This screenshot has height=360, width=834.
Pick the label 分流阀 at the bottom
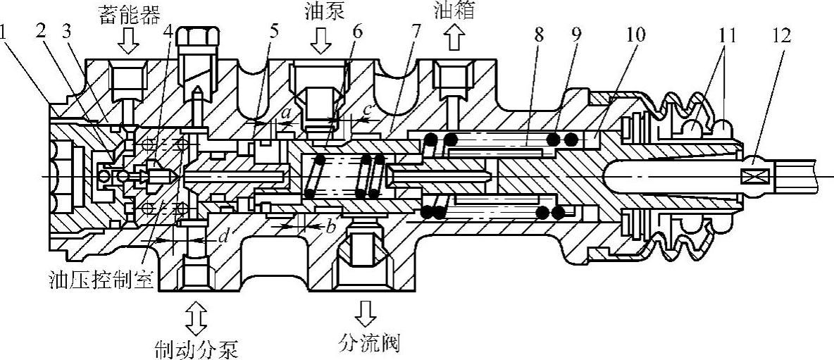(367, 344)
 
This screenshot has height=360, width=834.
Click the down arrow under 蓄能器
(127, 44)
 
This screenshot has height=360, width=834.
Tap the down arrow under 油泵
(321, 44)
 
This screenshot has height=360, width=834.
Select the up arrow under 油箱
(453, 40)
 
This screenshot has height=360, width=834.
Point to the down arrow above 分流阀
(366, 310)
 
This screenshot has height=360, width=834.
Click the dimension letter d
(222, 237)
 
